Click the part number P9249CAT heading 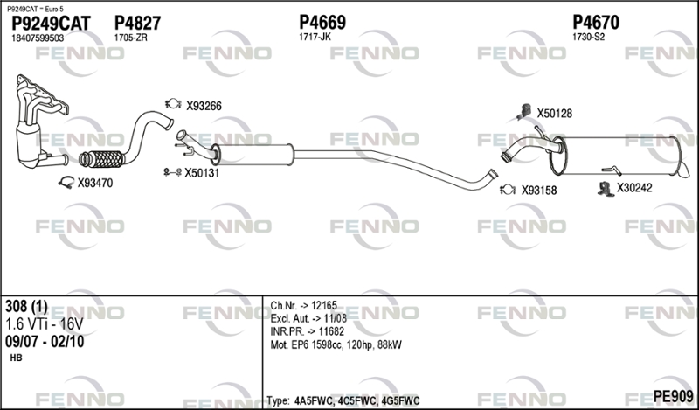coord(51,24)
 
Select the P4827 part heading coord(137,23)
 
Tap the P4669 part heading coord(322,23)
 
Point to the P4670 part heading coord(596,23)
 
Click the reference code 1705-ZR coord(130,38)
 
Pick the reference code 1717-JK coord(315,37)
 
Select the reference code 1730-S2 coord(588,37)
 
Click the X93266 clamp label coord(204,106)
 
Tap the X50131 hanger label coord(202,173)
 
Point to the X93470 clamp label coord(95,183)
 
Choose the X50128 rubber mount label coord(554,114)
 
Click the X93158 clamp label coord(539,191)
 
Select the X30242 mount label coord(634,188)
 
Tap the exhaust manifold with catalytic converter coord(39,122)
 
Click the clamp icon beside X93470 coord(66,182)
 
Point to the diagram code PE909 coord(673,396)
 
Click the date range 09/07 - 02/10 coord(45,342)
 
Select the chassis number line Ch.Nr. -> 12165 coord(303,306)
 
